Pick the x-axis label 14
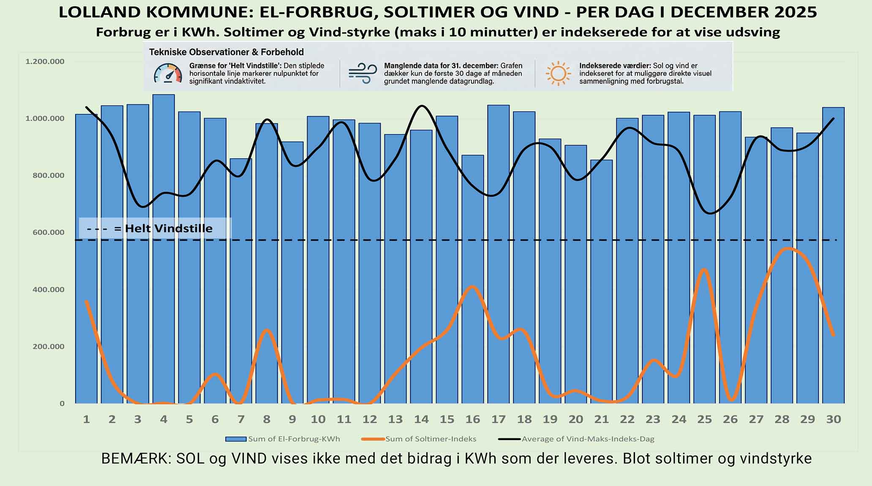tap(421, 419)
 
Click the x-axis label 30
tap(833, 419)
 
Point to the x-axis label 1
tap(86, 419)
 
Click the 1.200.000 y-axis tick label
tap(45, 62)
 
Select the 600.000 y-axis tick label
tap(49, 232)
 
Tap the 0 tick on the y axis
tap(62, 404)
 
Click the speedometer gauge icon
tap(168, 74)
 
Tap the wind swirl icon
tap(362, 73)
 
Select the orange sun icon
tap(558, 73)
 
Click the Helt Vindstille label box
tap(155, 229)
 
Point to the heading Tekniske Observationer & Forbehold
tap(226, 52)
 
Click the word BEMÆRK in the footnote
tap(135, 459)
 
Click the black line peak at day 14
tap(422, 106)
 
